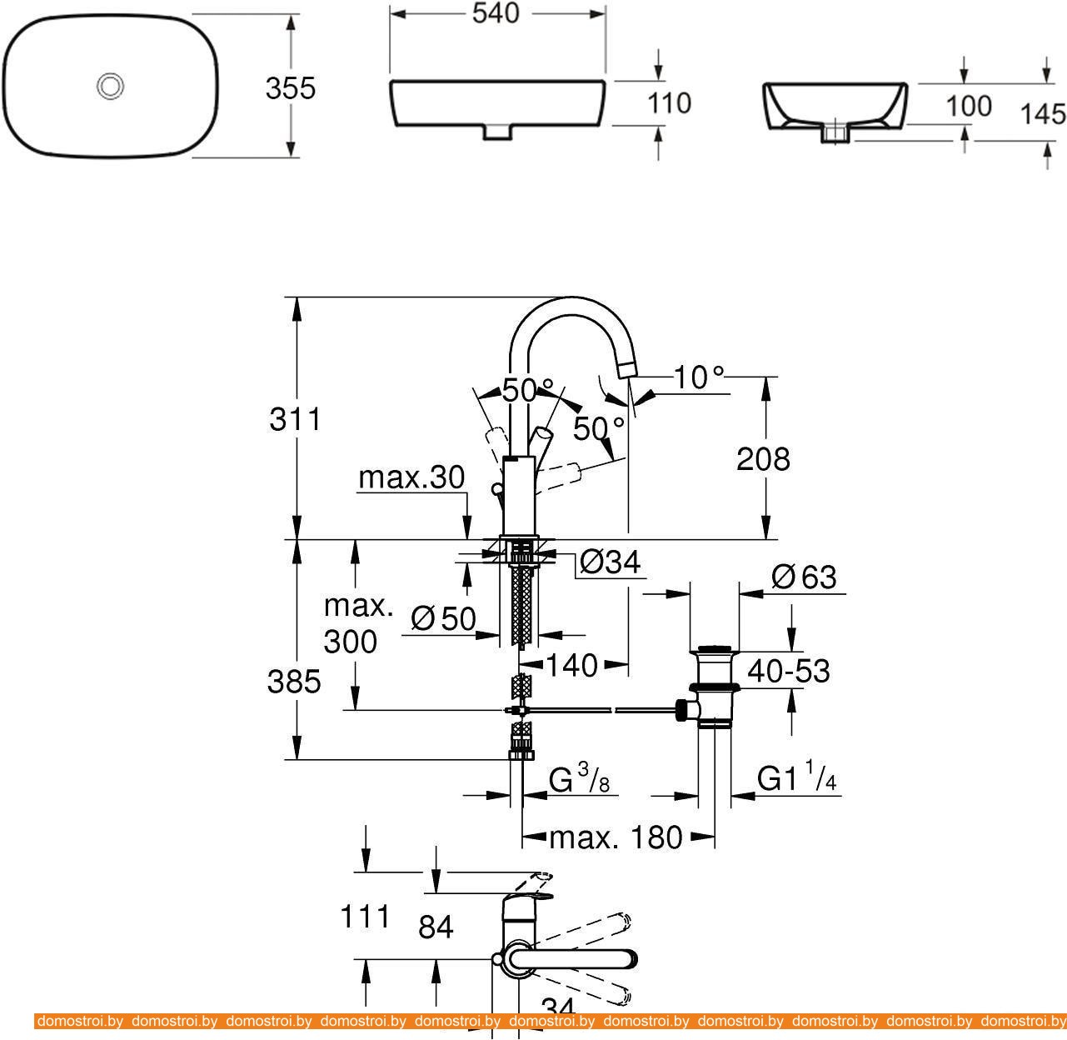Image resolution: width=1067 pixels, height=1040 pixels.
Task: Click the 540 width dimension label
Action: [496, 13]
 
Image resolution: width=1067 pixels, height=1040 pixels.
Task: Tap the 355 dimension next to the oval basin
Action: [291, 88]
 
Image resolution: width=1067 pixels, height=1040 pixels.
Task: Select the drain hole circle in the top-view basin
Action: [110, 85]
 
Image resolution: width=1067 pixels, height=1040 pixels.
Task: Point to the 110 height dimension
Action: [670, 103]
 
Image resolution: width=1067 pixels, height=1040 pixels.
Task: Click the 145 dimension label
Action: [1043, 113]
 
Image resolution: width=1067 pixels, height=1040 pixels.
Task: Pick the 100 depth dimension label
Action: [969, 106]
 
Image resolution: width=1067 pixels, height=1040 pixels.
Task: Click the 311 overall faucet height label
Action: [295, 419]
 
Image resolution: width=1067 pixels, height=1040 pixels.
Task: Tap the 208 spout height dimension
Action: [763, 459]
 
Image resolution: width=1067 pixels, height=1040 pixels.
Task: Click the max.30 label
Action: [411, 477]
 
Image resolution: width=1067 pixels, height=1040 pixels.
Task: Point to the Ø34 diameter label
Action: [611, 563]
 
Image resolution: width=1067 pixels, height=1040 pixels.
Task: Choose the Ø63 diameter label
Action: [804, 577]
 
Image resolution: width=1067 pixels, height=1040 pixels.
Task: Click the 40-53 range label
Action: [788, 670]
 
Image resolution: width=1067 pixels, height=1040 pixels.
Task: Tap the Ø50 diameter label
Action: [443, 618]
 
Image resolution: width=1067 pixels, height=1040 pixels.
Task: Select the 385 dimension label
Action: [294, 682]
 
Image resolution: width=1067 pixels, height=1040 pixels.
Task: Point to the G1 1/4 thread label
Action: [797, 779]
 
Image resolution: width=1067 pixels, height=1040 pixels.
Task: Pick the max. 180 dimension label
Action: [616, 837]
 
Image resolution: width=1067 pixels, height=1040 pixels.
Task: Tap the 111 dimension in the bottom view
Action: [365, 917]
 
